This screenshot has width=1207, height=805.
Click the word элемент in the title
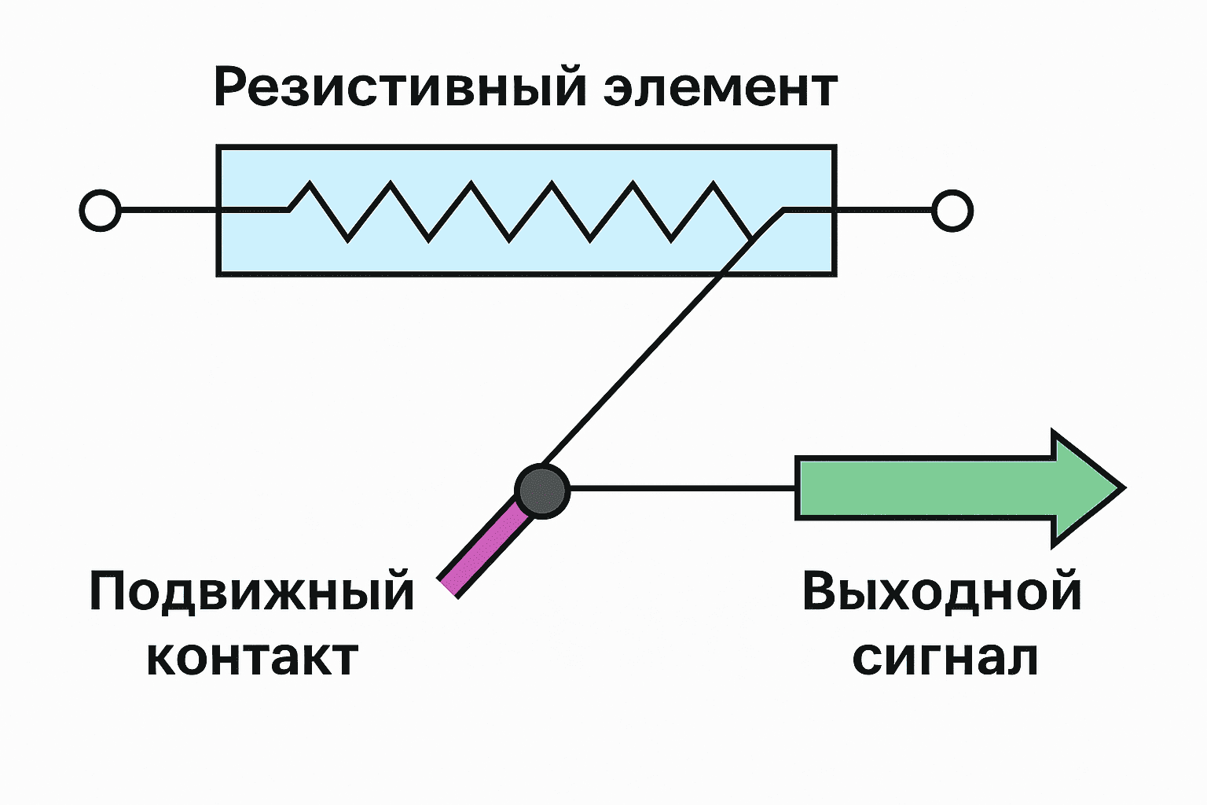point(720,88)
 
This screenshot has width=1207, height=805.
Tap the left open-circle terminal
point(100,211)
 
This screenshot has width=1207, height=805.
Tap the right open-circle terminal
point(952,211)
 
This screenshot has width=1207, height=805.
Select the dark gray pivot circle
point(541,491)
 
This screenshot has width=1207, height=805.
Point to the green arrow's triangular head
point(1084,488)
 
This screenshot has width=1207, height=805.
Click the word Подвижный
point(251,591)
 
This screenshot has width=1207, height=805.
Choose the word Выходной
point(941,591)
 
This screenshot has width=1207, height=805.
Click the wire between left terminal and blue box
point(168,211)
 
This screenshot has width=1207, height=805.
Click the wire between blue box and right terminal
point(883,211)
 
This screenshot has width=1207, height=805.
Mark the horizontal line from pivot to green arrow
point(681,489)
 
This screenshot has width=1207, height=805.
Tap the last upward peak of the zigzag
point(714,185)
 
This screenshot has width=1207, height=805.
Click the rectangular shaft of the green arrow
point(923,488)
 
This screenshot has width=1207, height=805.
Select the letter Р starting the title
point(229,88)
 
